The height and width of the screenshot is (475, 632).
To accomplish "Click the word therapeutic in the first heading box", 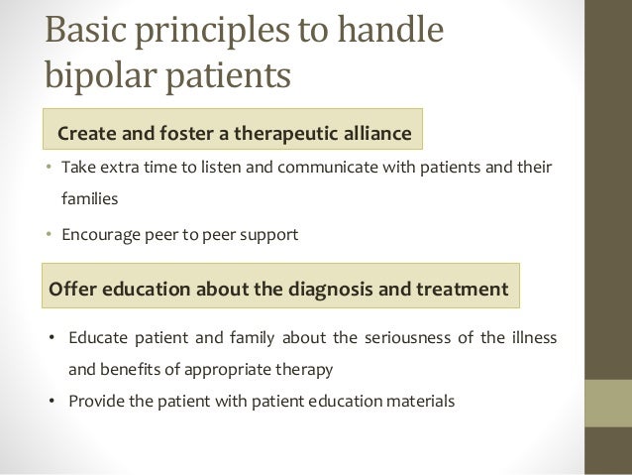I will (x=294, y=133).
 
